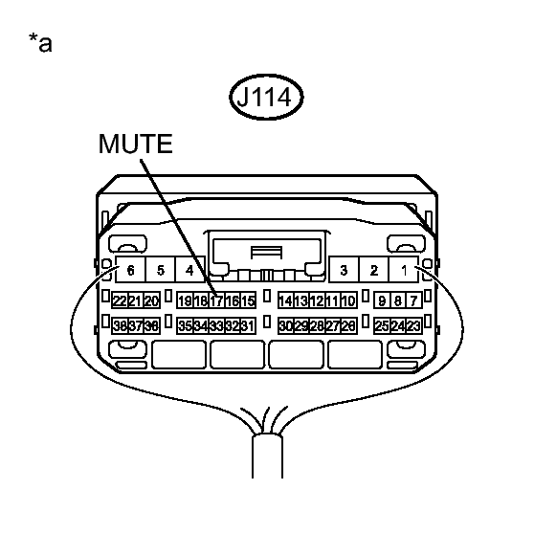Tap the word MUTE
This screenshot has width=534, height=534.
click(x=135, y=144)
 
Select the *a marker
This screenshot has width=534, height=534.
click(x=40, y=42)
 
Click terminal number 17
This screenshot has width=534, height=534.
click(x=216, y=300)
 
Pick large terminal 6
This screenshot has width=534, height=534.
click(x=130, y=270)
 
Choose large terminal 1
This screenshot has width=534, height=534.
click(x=404, y=270)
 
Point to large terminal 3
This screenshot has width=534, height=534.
click(x=344, y=270)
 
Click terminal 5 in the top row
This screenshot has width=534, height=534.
click(x=160, y=270)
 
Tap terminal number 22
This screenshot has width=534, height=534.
click(x=120, y=300)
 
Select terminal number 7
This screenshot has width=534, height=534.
click(x=413, y=300)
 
